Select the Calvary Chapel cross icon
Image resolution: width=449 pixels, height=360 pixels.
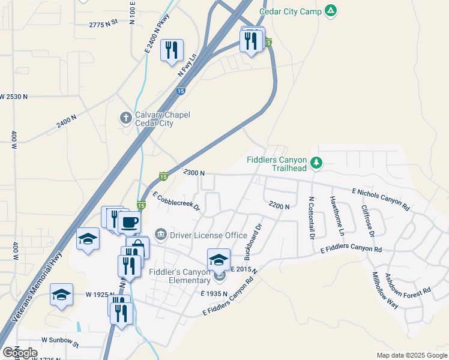point(126,117)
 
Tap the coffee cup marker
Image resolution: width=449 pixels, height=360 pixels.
point(129,223)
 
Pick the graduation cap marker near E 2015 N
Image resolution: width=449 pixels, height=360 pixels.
point(218,259)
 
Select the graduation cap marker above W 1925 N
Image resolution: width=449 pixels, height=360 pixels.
point(61,295)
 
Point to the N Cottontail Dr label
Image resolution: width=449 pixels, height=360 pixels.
point(312,218)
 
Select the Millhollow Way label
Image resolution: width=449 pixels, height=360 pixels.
point(385,290)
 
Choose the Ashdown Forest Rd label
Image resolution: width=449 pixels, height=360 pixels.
point(408,283)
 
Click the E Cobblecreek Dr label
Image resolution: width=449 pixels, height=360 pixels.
point(176,203)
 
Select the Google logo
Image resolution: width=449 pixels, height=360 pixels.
point(20,353)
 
